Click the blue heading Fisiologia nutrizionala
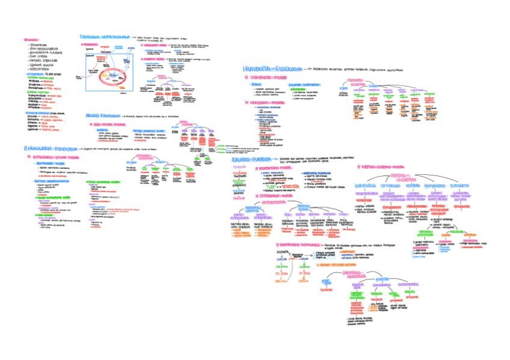point(104,37)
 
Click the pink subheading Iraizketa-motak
point(266,78)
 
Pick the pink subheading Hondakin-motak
point(266,102)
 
